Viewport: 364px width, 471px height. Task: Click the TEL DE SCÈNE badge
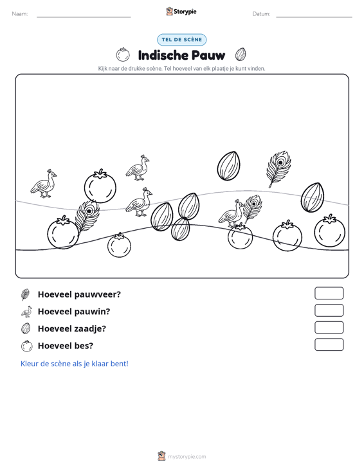coord(181,40)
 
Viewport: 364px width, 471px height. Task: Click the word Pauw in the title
coord(208,55)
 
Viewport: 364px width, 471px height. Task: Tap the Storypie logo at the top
coord(181,12)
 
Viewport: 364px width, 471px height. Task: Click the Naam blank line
coord(84,17)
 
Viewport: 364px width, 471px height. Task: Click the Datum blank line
coord(314,17)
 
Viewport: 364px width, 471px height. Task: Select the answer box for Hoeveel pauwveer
coord(329,293)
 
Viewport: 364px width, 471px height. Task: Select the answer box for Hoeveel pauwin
coord(329,310)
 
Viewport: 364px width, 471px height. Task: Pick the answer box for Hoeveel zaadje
coord(329,328)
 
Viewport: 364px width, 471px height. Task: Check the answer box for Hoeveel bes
coord(329,344)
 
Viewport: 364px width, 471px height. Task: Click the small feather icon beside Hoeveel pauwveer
coord(26,294)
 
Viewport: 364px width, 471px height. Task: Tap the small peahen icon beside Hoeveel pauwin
coord(26,312)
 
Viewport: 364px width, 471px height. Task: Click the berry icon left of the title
coord(123,55)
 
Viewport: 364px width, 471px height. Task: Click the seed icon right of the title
coord(241,55)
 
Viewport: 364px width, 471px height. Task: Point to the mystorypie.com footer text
coord(187,457)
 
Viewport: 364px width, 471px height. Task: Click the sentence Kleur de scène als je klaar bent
coord(74,364)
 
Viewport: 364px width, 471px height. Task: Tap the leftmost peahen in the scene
coord(44,184)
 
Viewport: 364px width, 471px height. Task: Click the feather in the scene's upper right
coord(278,169)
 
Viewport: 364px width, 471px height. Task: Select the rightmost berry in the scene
coord(330,231)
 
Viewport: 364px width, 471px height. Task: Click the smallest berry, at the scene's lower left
coord(120,245)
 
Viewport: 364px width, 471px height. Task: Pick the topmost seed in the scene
coord(229,166)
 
